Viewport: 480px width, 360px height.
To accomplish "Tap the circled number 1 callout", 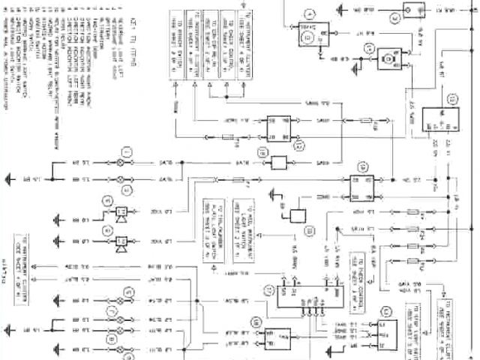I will (x=127, y=153).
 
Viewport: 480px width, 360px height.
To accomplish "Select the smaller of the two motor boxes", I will (x=387, y=57).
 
